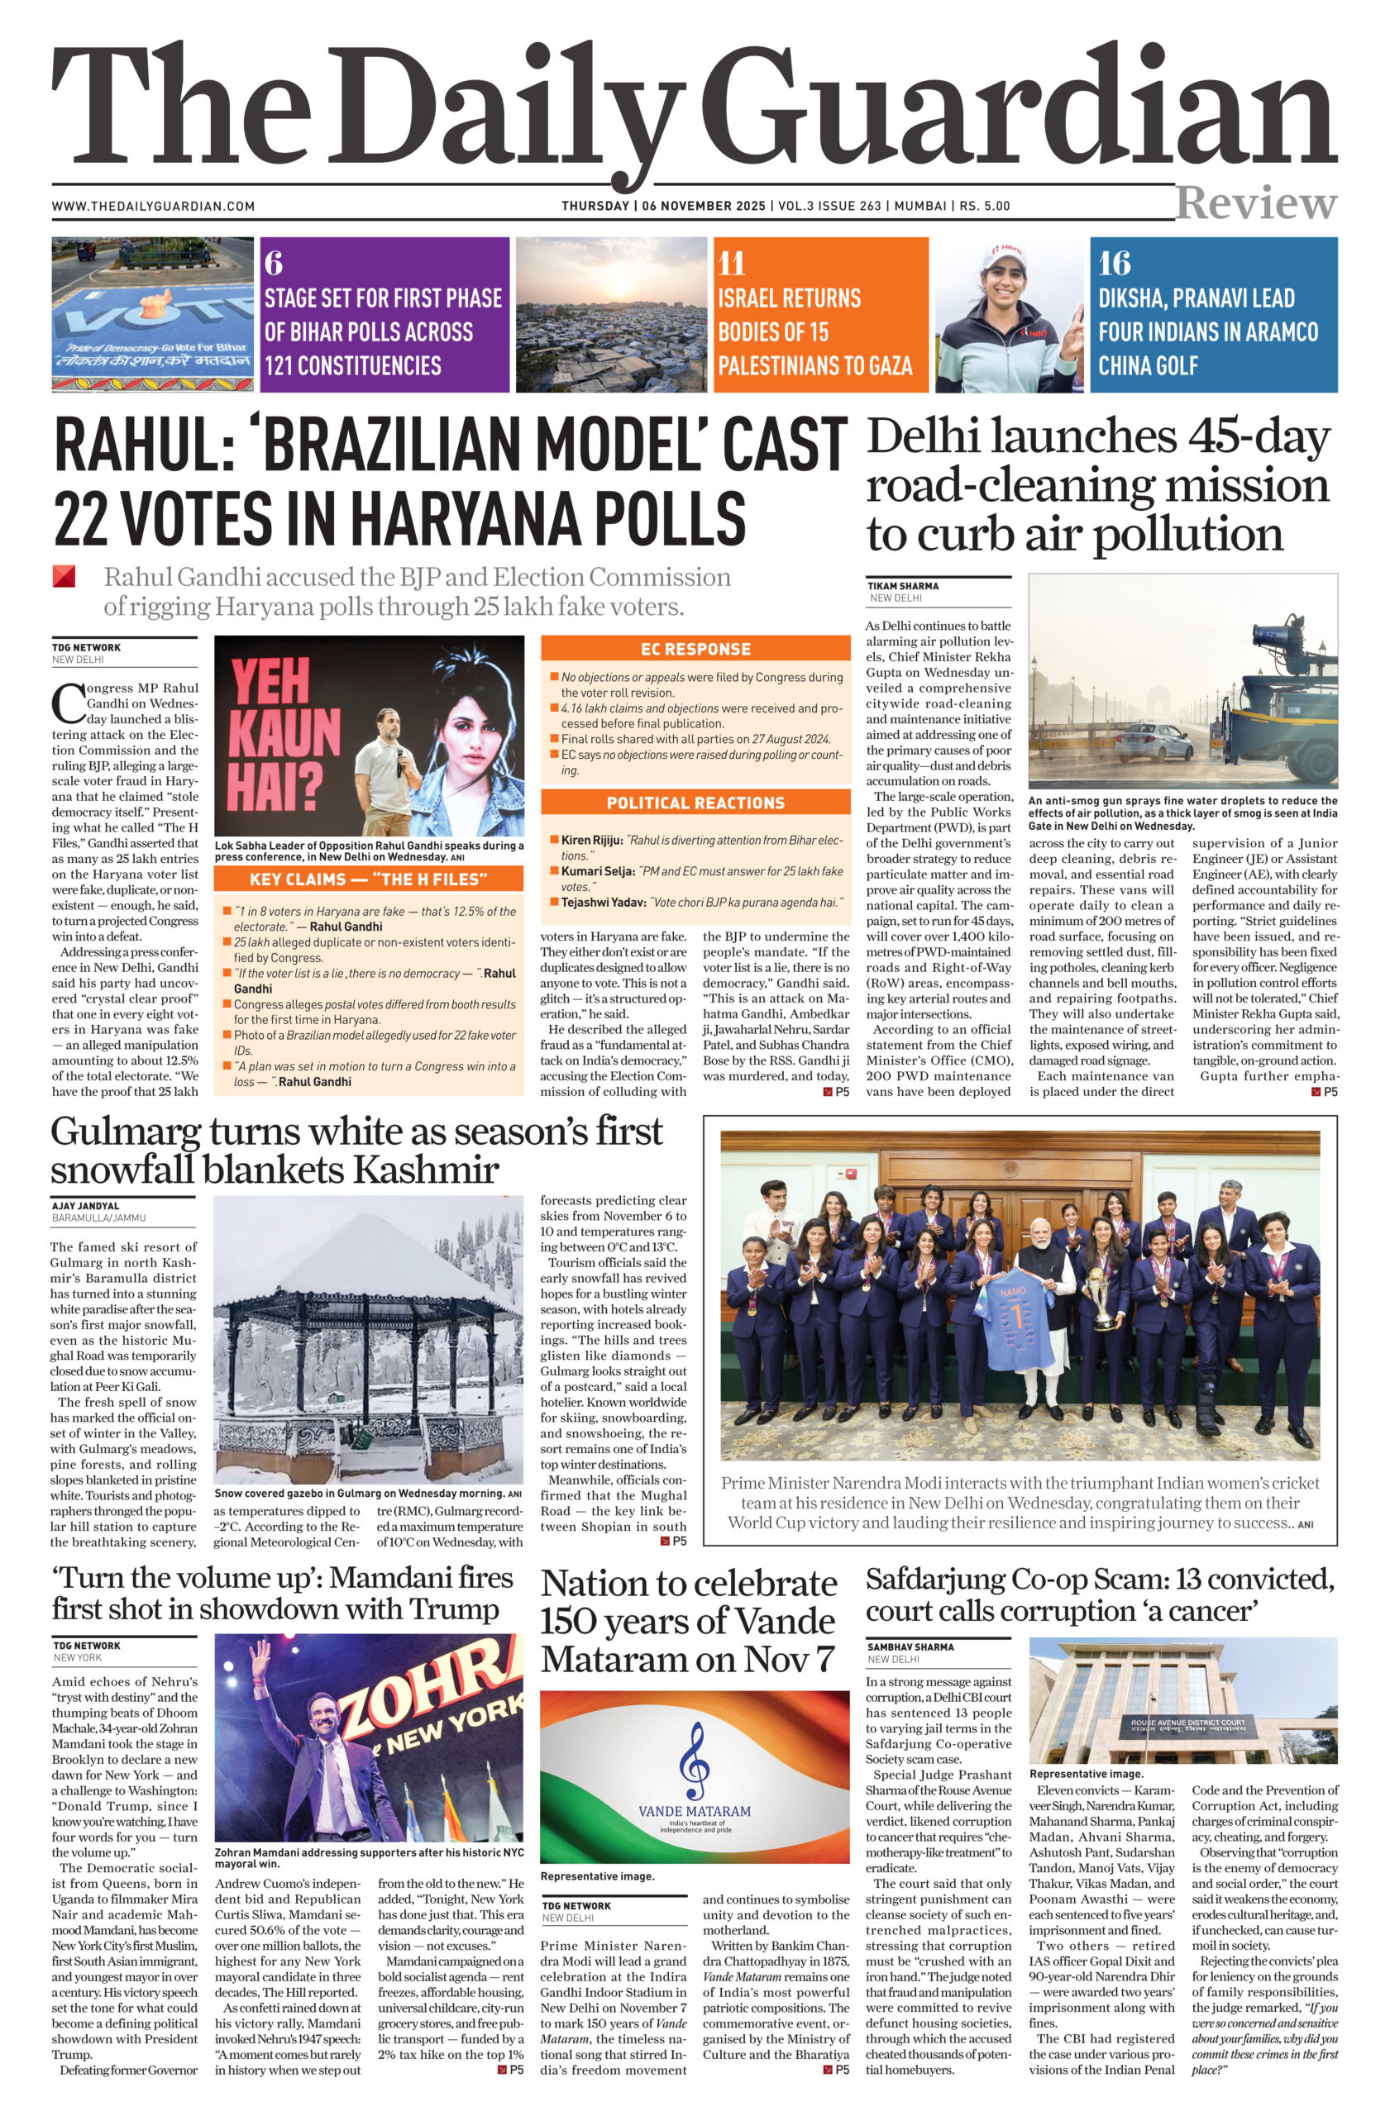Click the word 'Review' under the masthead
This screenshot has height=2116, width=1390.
pos(1255,203)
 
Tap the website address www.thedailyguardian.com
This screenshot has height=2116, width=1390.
pos(153,207)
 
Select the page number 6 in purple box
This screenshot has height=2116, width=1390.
pos(273,263)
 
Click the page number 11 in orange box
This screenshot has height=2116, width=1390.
pos(731,263)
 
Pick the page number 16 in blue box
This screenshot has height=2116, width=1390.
pos(1114,263)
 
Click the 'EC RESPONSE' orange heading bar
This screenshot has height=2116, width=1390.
pos(695,649)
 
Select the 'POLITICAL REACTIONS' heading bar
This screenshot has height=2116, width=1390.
pos(695,803)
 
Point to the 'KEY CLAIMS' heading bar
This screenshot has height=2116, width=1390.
pos(368,879)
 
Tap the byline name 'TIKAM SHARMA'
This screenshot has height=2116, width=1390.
pos(903,586)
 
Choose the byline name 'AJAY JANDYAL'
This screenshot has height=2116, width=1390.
pos(85,1207)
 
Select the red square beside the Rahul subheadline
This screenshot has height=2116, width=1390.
pos(63,576)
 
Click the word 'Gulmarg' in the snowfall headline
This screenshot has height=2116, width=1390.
pos(125,1132)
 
